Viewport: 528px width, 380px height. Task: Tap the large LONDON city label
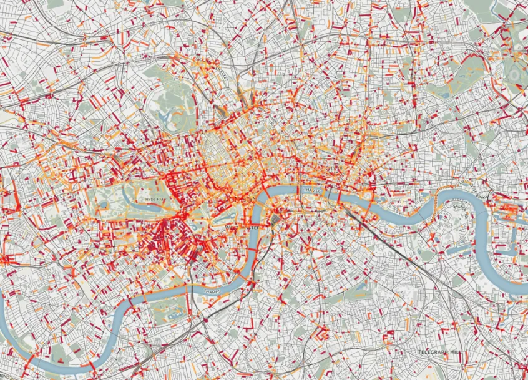click(x=242, y=199)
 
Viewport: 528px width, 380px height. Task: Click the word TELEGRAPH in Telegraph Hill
click(x=432, y=353)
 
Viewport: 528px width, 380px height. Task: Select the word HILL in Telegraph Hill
click(x=457, y=353)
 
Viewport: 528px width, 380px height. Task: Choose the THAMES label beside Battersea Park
click(x=212, y=291)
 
